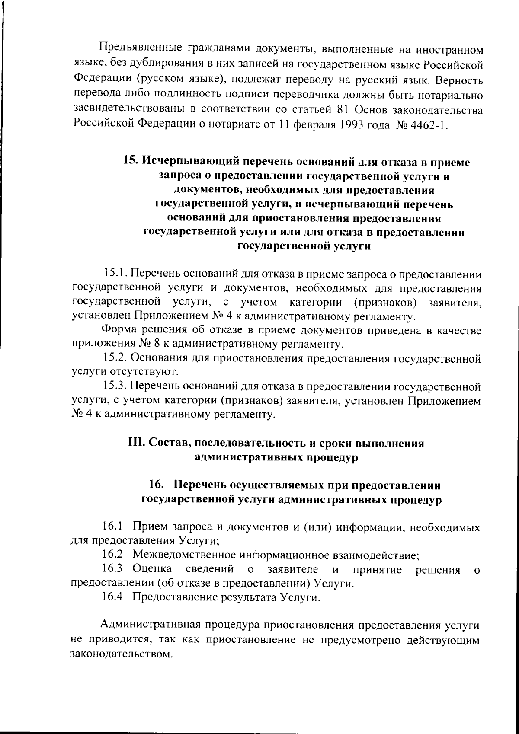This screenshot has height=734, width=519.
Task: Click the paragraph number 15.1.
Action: [x=115, y=274]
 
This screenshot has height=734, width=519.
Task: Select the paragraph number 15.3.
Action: [x=115, y=386]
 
